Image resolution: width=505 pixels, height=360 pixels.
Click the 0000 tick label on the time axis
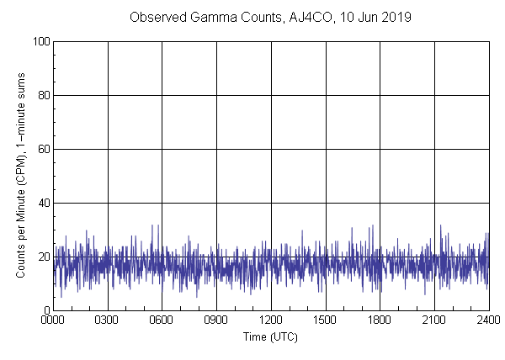(x=53, y=320)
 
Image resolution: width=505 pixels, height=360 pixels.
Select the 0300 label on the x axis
(x=108, y=320)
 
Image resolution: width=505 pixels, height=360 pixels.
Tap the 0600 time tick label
(x=162, y=320)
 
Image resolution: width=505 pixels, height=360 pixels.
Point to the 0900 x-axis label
(x=216, y=320)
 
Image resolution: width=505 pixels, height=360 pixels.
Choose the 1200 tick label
(x=271, y=320)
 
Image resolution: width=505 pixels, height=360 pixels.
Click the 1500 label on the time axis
(x=325, y=320)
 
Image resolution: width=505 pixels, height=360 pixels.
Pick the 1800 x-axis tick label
(x=380, y=320)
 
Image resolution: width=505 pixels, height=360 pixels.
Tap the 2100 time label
(x=433, y=320)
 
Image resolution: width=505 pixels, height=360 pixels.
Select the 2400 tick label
(x=488, y=320)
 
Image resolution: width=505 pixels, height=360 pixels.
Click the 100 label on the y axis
(x=41, y=41)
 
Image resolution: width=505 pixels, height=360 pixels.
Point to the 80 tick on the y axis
(x=44, y=95)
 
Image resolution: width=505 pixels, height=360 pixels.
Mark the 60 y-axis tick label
(x=44, y=149)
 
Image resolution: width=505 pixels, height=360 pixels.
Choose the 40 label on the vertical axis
(x=44, y=203)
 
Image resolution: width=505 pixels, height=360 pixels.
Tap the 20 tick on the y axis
(x=44, y=257)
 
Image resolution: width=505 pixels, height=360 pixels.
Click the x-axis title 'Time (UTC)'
(x=270, y=336)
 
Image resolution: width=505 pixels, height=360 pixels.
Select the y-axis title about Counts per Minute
(x=21, y=175)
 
